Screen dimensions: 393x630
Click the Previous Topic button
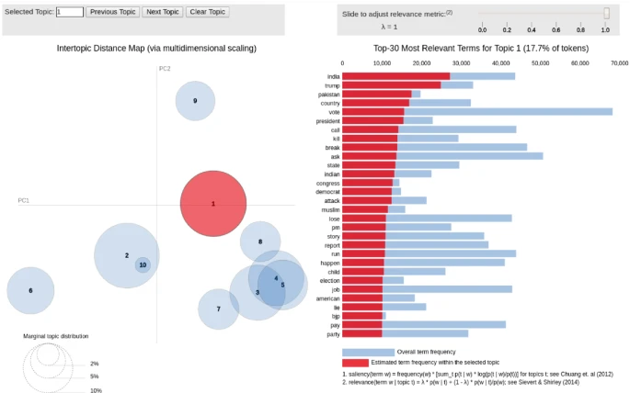[113, 12]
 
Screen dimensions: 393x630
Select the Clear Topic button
[208, 12]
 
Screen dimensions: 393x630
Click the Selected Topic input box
[70, 12]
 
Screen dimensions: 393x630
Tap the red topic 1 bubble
[213, 204]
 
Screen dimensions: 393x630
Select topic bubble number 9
[195, 101]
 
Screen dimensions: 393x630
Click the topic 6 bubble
[30, 291]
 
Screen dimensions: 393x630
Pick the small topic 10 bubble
[143, 264]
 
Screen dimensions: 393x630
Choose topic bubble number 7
[218, 309]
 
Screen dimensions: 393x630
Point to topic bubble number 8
[260, 241]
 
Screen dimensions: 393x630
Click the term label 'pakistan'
[328, 94]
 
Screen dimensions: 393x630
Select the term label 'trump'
[332, 84]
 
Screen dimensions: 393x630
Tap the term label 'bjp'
[335, 315]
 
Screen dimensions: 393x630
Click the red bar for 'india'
[395, 75]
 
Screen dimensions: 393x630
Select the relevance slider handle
[606, 13]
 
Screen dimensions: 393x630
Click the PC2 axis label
[165, 69]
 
